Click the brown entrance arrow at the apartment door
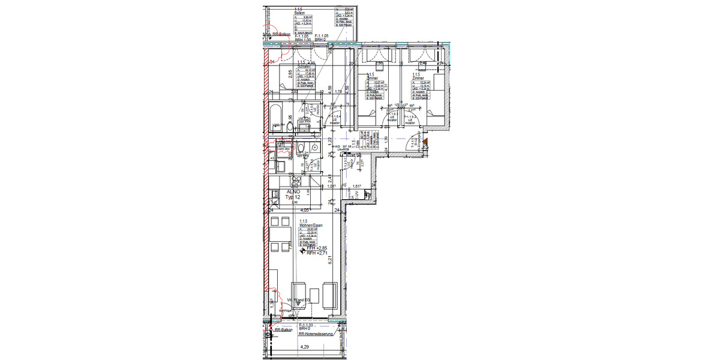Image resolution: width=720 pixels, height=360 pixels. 424,142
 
